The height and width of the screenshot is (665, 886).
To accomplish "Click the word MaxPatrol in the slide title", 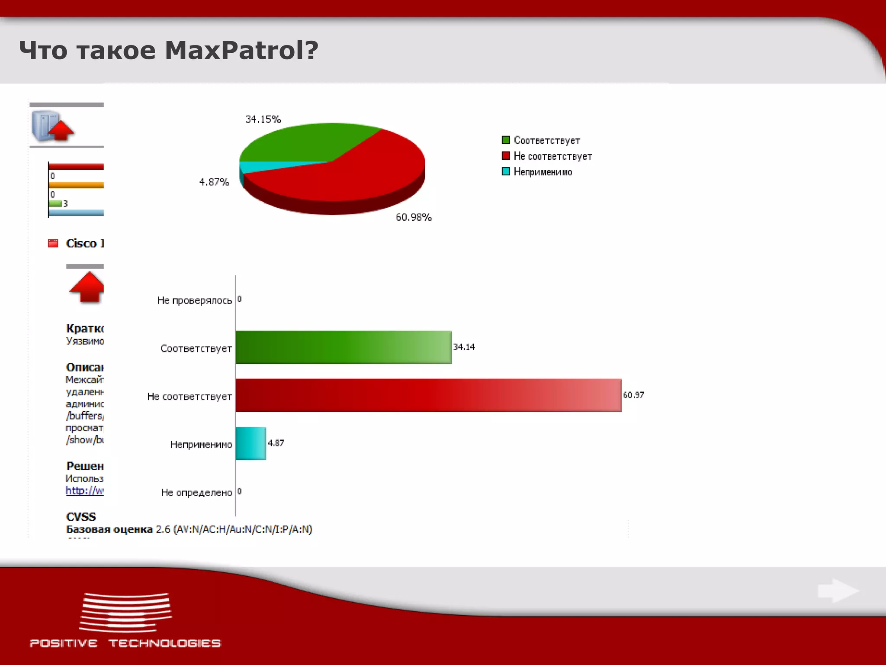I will (x=241, y=50).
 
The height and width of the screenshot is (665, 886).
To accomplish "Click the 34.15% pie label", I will (x=263, y=119).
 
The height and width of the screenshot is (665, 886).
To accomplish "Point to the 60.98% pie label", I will (x=414, y=217).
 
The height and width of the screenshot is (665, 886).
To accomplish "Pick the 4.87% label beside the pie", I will (x=214, y=182).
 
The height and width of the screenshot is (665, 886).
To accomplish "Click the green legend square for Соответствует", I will (x=505, y=140).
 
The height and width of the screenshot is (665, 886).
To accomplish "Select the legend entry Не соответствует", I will (x=552, y=156).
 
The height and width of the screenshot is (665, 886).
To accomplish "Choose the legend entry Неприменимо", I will (x=543, y=172).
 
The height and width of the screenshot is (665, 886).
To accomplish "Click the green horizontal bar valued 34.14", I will (x=343, y=347).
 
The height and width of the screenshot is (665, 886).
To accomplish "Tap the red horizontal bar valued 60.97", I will (x=428, y=395).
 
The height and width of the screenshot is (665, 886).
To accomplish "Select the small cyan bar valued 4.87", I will (x=251, y=443).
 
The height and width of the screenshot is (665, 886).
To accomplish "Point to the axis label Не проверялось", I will (x=195, y=300).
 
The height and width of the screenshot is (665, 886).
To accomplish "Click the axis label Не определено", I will (x=196, y=493).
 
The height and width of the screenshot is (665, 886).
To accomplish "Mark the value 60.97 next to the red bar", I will (x=633, y=395).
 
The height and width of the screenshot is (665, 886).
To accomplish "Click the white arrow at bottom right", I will (x=838, y=591).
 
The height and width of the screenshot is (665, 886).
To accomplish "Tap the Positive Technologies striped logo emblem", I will (x=125, y=613).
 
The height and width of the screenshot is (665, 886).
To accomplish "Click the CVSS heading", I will (x=81, y=517).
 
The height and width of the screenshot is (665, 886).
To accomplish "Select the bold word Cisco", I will (x=81, y=243).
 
